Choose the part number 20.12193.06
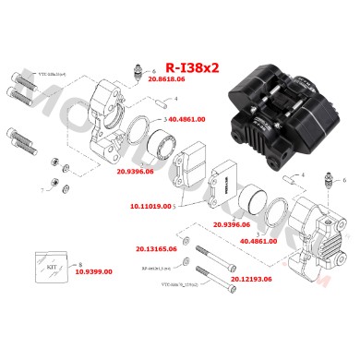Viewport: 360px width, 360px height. click(x=253, y=277)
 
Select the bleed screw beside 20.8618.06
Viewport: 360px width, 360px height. click(x=140, y=72)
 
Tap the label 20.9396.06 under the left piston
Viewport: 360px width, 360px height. click(x=162, y=171)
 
